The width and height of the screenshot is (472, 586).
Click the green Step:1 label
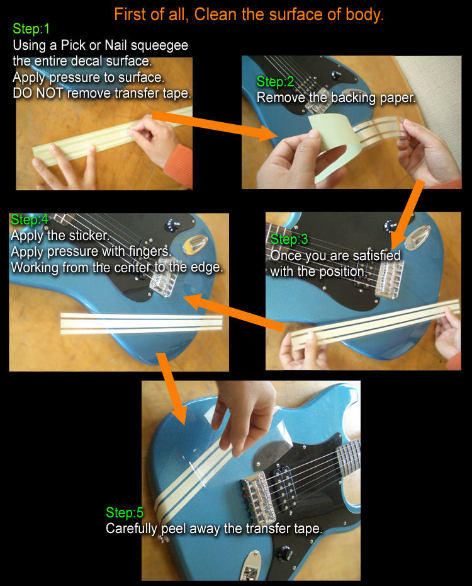31,28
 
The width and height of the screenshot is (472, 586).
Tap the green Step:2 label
275,81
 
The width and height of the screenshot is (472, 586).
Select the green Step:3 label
289,239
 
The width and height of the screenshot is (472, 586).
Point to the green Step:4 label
30,219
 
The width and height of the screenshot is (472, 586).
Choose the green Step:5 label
125,512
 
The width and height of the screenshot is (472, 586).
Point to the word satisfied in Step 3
376,255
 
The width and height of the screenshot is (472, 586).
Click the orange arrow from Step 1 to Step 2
215,125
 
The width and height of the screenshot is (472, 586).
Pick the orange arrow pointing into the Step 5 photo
172,389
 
